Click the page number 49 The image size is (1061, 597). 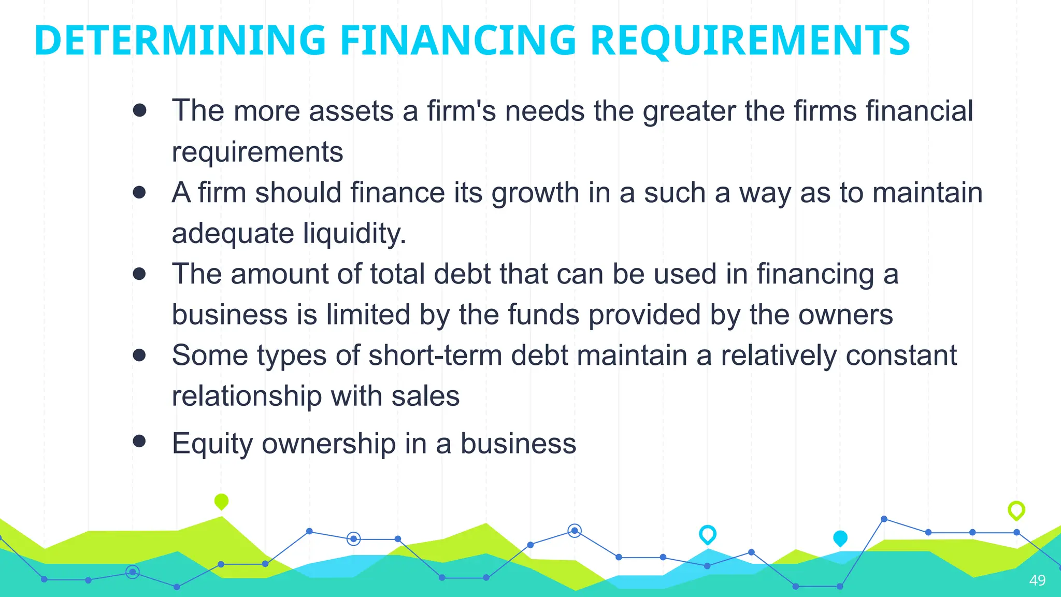(x=1037, y=580)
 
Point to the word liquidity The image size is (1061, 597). (x=354, y=233)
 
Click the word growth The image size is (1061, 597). (x=535, y=193)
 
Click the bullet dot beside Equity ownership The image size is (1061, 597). (x=139, y=441)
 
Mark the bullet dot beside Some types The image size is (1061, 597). (x=139, y=355)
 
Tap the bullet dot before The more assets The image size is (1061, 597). (x=139, y=110)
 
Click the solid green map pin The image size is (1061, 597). (x=221, y=501)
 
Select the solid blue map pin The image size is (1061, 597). (x=840, y=538)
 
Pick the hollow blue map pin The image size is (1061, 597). (x=707, y=534)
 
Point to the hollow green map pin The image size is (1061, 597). (x=1016, y=510)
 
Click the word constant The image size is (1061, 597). (x=901, y=356)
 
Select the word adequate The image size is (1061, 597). (x=233, y=233)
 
